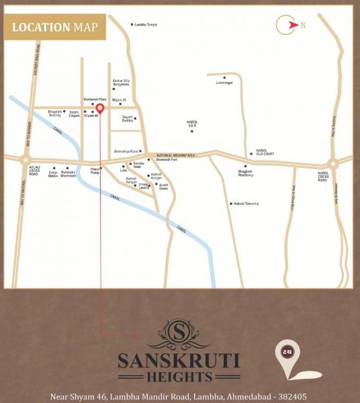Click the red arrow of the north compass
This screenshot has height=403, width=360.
(292, 26)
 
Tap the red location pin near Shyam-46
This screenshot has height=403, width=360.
(99, 108)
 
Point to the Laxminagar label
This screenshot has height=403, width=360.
(224, 83)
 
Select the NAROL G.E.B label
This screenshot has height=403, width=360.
(192, 124)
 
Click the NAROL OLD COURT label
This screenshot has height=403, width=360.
(262, 152)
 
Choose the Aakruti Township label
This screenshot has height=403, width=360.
(244, 204)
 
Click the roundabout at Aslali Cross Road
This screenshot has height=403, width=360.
(26, 161)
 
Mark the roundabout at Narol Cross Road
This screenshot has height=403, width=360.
(332, 163)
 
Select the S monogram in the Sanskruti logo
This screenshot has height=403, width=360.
(179, 331)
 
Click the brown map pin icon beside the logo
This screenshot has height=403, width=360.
(285, 353)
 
